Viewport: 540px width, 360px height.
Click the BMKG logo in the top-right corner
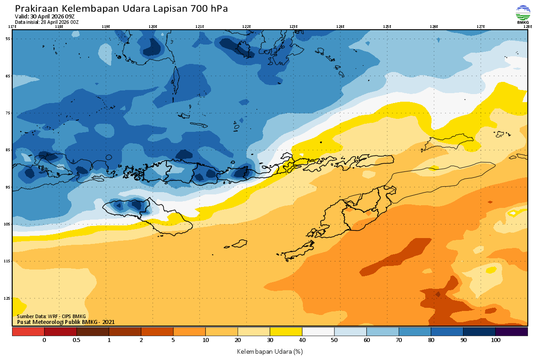[522, 14]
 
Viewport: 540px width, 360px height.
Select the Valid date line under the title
[45, 16]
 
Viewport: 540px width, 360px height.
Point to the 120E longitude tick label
[153, 27]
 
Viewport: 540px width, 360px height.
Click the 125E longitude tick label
[387, 27]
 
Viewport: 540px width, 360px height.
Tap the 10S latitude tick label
[8, 224]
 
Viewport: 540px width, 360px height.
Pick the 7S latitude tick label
[8, 113]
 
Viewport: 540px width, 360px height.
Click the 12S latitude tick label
[8, 298]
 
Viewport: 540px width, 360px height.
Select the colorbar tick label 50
[334, 340]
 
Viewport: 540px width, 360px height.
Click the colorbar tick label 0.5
[76, 340]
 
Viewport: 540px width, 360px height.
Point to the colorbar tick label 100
[495, 340]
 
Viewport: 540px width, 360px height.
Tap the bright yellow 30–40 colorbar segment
[286, 332]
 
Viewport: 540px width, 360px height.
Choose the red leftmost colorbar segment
[28, 332]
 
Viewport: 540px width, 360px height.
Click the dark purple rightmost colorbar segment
[512, 332]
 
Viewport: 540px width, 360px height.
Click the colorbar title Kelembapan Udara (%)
[270, 351]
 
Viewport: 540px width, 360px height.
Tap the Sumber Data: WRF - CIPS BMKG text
[51, 316]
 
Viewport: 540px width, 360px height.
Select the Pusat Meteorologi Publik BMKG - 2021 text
[66, 322]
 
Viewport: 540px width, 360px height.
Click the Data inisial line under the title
[46, 22]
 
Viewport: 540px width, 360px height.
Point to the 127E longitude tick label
[481, 27]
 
